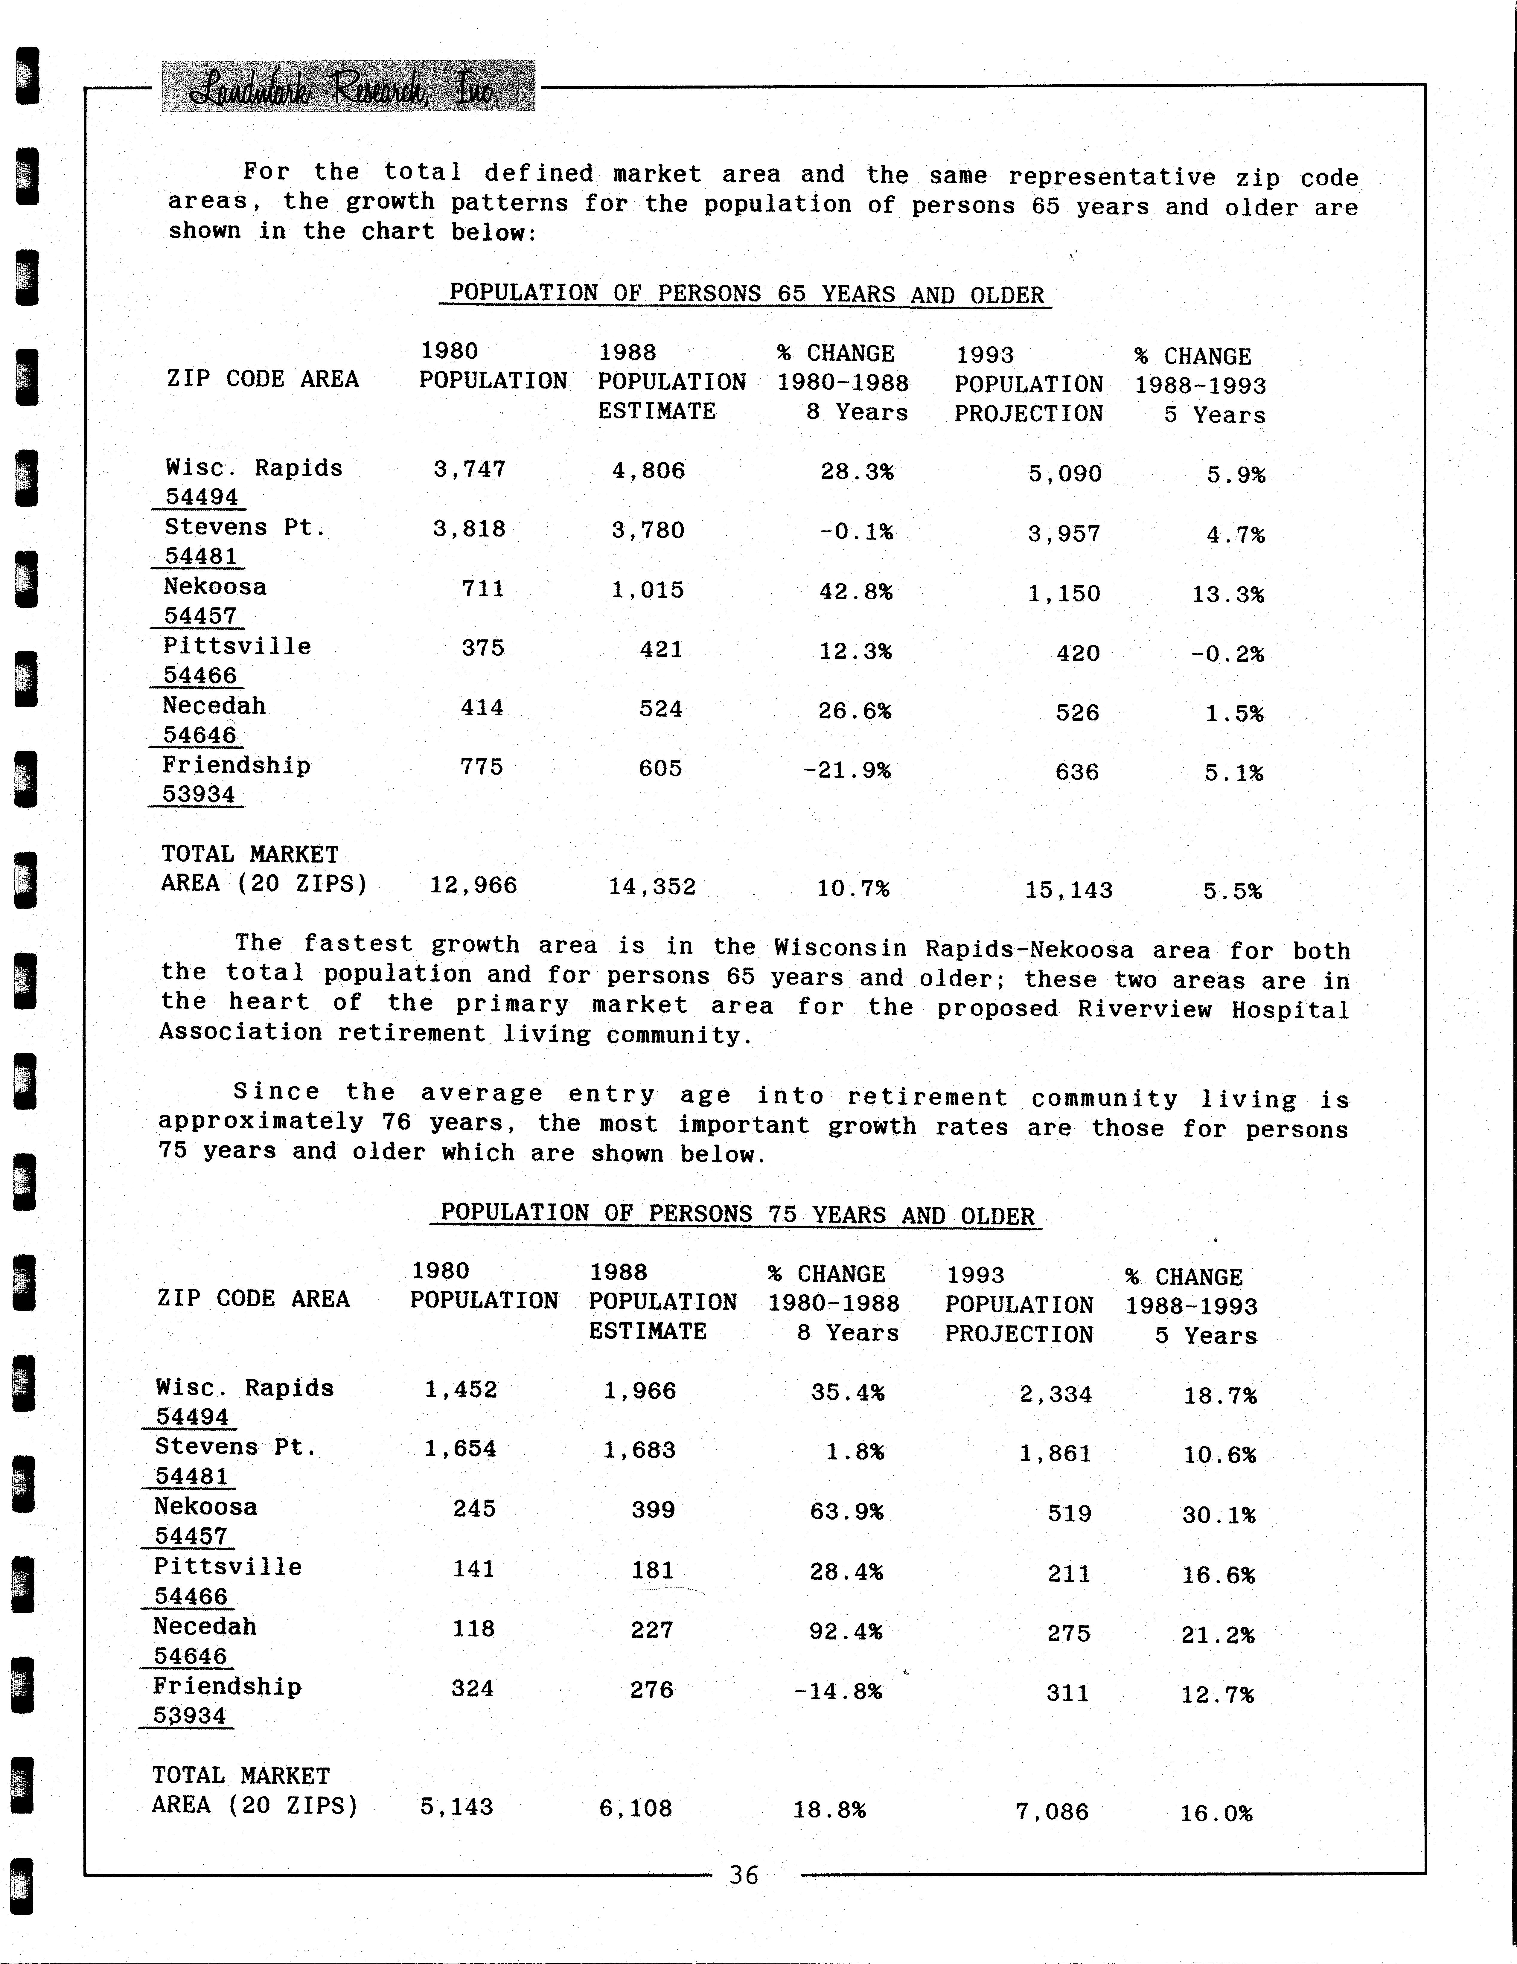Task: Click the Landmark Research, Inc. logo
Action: pos(347,86)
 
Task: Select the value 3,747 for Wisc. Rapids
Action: pos(469,470)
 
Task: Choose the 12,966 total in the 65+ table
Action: pos(473,886)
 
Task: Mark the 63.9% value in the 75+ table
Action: pos(846,1512)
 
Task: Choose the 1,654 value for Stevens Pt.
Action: pos(460,1449)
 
